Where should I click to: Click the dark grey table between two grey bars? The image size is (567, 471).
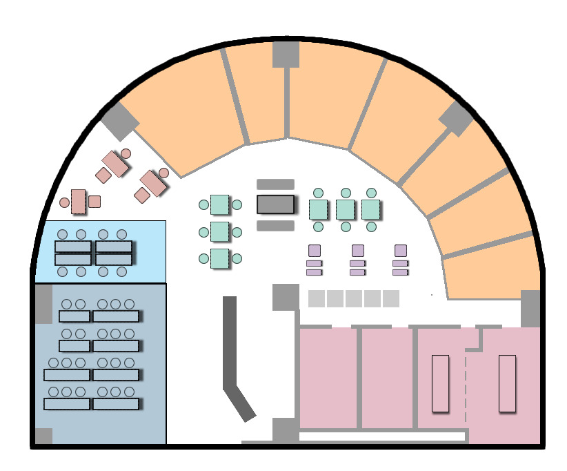[x=275, y=204]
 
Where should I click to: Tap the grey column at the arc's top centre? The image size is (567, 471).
[x=285, y=54]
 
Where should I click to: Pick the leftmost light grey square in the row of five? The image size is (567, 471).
[x=317, y=298]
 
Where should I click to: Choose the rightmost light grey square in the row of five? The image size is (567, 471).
[x=390, y=298]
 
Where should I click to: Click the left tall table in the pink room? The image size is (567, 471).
[x=440, y=383]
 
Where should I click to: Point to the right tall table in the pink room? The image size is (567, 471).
[x=507, y=383]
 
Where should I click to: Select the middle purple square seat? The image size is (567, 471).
[x=357, y=251]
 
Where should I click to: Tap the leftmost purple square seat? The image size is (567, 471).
[x=315, y=251]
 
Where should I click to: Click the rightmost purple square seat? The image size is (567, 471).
[x=400, y=251]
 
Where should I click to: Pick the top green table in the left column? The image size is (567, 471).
[x=220, y=204]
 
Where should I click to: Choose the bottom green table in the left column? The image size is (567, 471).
[x=220, y=258]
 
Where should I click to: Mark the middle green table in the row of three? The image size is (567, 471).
[x=346, y=209]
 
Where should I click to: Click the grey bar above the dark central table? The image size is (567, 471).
[x=275, y=184]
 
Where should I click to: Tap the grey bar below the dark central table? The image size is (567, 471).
[x=275, y=225]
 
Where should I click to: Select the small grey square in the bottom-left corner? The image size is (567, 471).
[x=43, y=436]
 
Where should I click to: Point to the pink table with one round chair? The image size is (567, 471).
[x=78, y=201]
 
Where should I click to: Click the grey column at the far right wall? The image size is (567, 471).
[x=530, y=308]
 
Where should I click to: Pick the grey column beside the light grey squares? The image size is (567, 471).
[x=285, y=297]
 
